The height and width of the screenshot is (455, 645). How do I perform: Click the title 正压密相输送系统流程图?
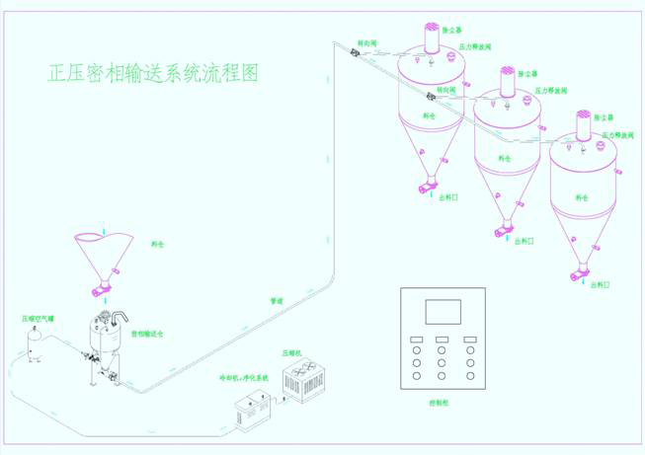tap(153, 73)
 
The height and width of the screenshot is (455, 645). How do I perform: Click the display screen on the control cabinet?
tap(442, 313)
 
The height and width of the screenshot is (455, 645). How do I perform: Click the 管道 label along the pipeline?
tap(278, 300)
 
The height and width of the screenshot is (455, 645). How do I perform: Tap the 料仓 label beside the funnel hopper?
tap(158, 241)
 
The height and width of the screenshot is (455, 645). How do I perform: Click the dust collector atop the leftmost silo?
tap(433, 38)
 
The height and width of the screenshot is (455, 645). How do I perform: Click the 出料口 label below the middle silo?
tap(523, 239)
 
